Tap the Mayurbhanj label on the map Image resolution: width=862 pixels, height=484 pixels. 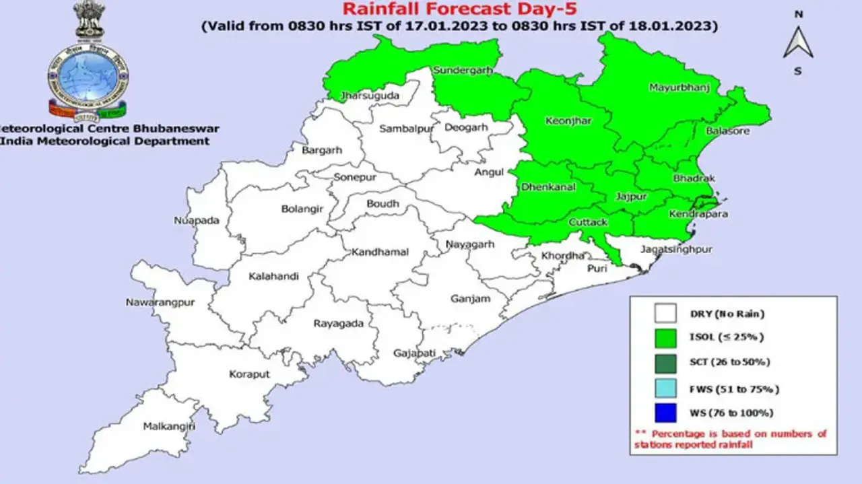pyautogui.click(x=679, y=88)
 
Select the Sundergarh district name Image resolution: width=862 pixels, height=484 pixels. pyautogui.click(x=463, y=70)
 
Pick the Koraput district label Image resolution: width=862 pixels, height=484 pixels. pyautogui.click(x=250, y=374)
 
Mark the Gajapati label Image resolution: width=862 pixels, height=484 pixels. pyautogui.click(x=416, y=353)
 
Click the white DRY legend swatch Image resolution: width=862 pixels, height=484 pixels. pyautogui.click(x=665, y=314)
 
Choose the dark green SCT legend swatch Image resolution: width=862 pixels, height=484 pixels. pyautogui.click(x=665, y=363)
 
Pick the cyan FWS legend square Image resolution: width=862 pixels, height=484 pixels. pyautogui.click(x=665, y=388)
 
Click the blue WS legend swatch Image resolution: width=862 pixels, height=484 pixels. pyautogui.click(x=665, y=413)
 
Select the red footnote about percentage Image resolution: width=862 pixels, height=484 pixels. pyautogui.click(x=730, y=439)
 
